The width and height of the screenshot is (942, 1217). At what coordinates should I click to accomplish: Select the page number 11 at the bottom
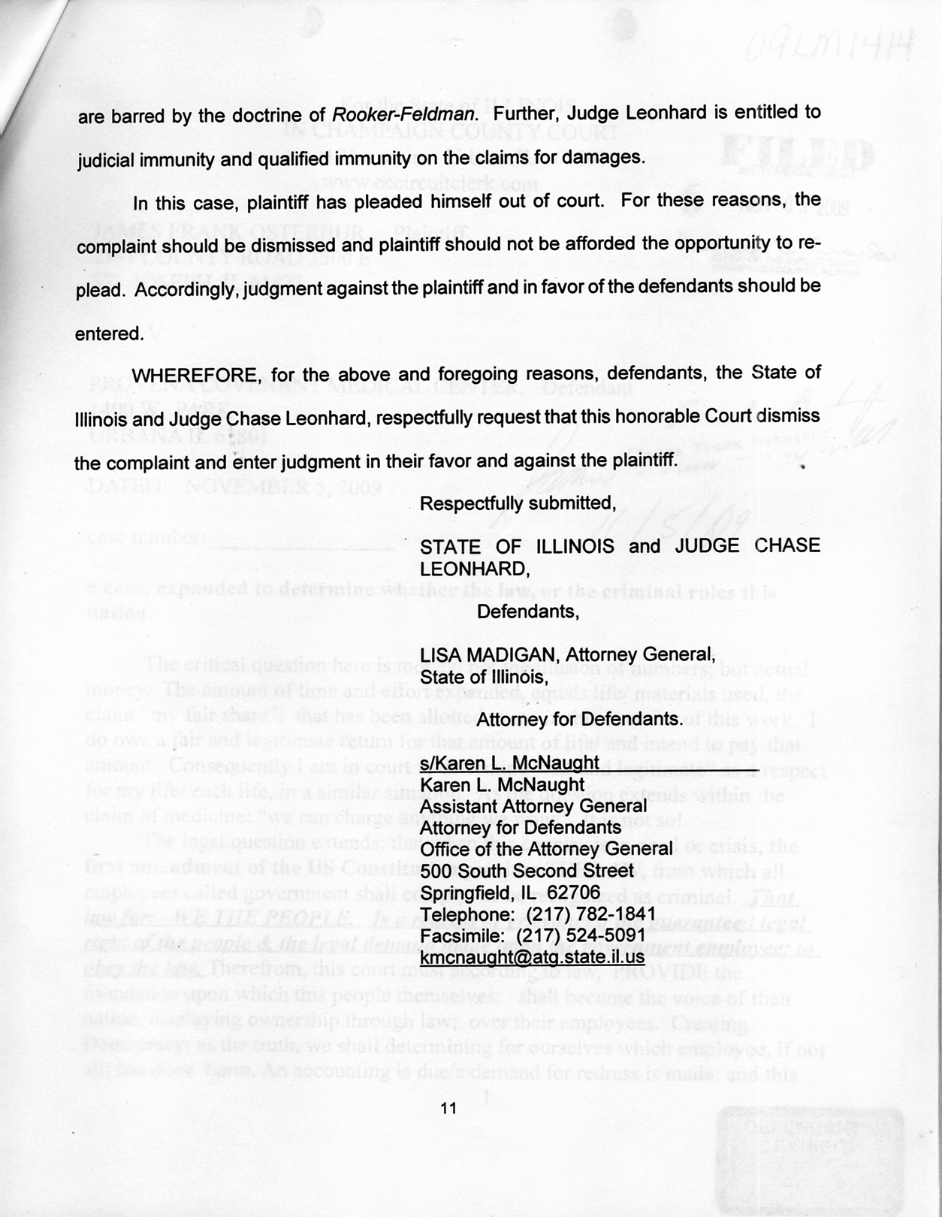tap(448, 1108)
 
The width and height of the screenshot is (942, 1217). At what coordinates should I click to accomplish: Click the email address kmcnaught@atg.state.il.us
tap(532, 957)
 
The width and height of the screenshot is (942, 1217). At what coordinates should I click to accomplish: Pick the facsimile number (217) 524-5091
tap(581, 936)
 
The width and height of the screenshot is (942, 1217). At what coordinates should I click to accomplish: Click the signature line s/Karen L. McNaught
tap(509, 763)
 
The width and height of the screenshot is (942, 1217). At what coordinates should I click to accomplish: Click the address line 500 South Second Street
tap(527, 871)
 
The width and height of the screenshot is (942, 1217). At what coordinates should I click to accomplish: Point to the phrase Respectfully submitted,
tap(518, 503)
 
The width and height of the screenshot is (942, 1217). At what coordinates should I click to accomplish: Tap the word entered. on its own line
tap(109, 334)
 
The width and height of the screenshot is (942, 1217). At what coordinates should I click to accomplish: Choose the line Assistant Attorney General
tap(533, 806)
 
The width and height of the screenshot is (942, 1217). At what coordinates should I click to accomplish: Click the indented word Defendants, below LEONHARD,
tap(528, 612)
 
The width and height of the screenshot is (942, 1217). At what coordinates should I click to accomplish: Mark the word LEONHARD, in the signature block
tap(475, 568)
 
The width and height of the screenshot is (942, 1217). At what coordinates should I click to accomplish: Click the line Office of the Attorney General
tap(546, 849)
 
